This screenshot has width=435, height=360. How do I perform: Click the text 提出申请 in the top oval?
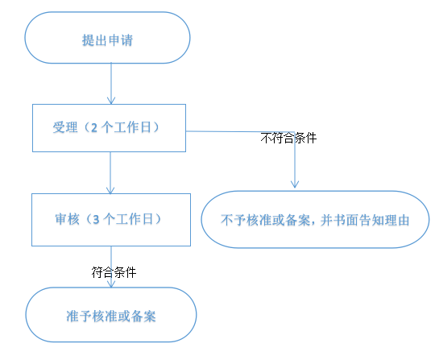click(x=107, y=40)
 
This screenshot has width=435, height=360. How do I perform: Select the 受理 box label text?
click(x=106, y=127)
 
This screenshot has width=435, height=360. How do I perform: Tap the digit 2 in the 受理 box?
click(x=94, y=128)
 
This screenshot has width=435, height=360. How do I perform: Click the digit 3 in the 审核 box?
click(x=96, y=219)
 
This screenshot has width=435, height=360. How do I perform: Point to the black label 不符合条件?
click(x=288, y=138)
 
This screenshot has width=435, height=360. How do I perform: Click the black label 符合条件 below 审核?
click(x=114, y=272)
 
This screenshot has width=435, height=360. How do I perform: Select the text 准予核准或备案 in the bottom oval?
click(x=111, y=317)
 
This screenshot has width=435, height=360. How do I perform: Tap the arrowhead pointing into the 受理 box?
click(x=111, y=101)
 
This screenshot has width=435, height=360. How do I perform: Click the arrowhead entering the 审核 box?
click(x=110, y=190)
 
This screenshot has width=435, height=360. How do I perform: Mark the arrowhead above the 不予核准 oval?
click(x=295, y=184)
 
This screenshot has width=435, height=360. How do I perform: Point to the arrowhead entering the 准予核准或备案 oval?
click(x=111, y=284)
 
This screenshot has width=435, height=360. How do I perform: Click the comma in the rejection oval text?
click(x=313, y=223)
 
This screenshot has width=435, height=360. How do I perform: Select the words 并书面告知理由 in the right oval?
click(x=365, y=220)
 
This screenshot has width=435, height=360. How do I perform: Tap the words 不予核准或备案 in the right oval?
click(x=265, y=220)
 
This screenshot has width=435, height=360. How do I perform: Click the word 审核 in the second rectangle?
click(x=67, y=219)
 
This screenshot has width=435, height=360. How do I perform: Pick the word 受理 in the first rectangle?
click(x=65, y=127)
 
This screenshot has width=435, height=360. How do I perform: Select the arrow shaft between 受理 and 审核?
click(x=110, y=172)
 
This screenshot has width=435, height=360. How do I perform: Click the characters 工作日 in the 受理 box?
click(x=132, y=127)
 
